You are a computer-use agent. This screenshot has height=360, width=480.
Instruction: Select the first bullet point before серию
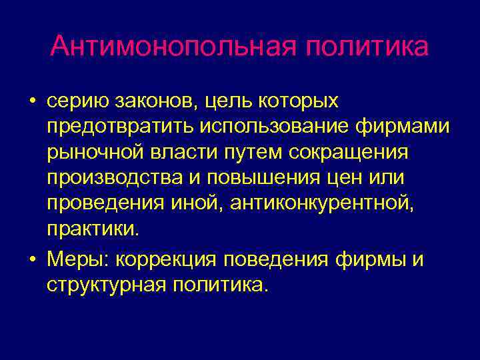point(31,103)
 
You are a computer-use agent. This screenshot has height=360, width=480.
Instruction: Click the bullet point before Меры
point(31,259)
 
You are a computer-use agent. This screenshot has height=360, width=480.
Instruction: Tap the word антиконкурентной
point(321,203)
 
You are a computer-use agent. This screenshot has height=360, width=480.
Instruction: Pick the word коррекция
point(171,259)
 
